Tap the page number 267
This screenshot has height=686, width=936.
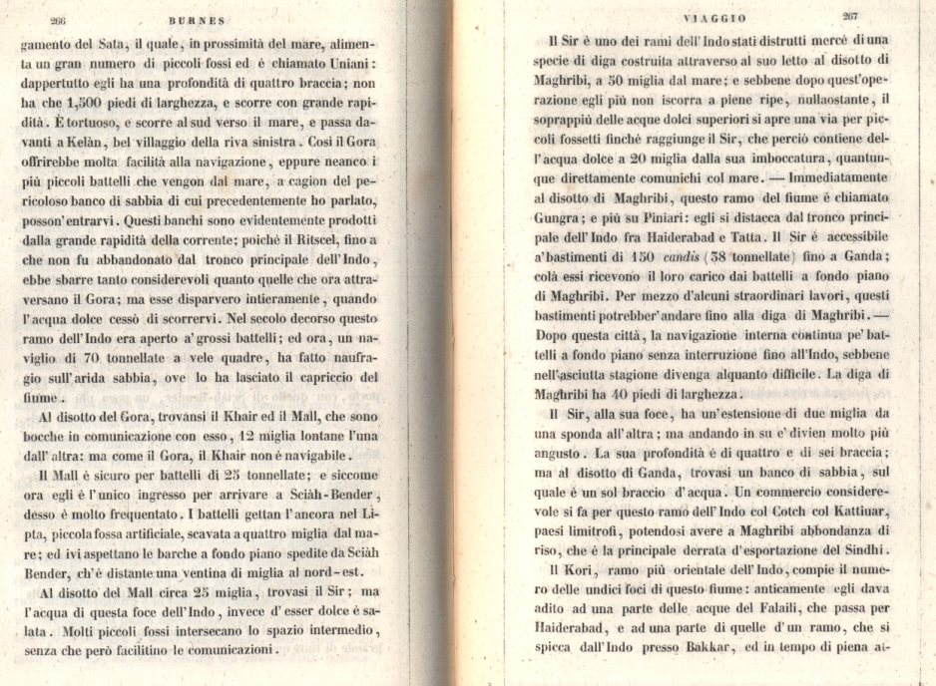click(850, 16)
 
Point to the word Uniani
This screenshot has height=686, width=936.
click(355, 64)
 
